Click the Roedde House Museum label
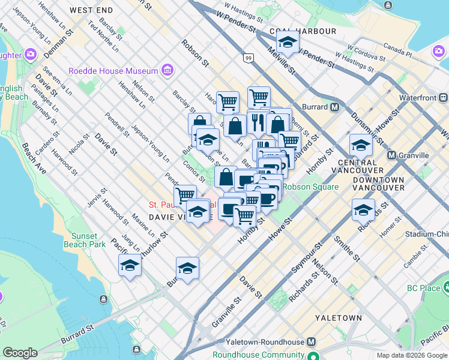coord(113,71)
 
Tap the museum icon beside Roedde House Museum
coord(167,71)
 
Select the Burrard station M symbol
coord(335,107)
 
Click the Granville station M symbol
coord(391,155)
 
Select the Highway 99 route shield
coord(248,58)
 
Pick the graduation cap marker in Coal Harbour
coord(288,43)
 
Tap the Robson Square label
coord(310,187)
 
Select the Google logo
coord(20,353)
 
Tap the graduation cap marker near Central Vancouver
coord(361,146)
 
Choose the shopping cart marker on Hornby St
coord(244,215)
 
